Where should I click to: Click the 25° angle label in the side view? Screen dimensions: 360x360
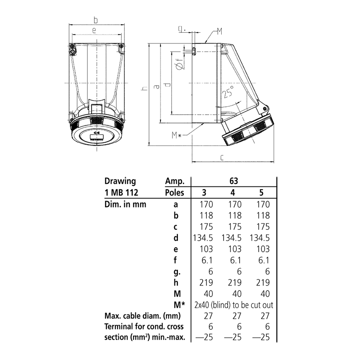point(229,93)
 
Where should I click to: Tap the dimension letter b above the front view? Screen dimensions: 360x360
point(96,20)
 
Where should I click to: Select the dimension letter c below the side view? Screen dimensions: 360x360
point(222,157)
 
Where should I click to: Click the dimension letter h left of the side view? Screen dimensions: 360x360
point(145,88)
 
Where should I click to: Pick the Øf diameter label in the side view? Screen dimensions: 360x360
point(180,65)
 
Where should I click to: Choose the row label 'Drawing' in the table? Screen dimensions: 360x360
point(120,181)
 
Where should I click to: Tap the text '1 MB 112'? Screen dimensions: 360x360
point(121,192)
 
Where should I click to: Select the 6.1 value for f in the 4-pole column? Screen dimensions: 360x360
point(233,260)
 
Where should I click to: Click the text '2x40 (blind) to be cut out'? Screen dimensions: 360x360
point(234,305)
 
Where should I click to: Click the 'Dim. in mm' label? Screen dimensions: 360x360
point(125,204)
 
